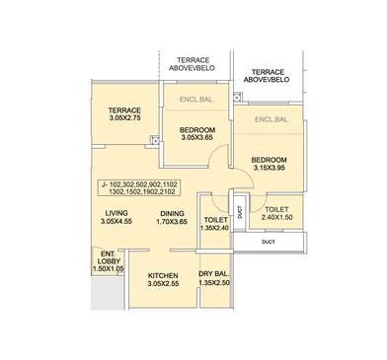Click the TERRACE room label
pyautogui.click(x=125, y=109)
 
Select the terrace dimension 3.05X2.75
pyautogui.click(x=125, y=119)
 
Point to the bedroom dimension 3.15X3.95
pyautogui.click(x=268, y=167)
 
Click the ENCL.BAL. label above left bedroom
pyautogui.click(x=197, y=100)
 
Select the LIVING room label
pyautogui.click(x=117, y=212)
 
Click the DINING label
pyautogui.click(x=173, y=212)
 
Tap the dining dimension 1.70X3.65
pyautogui.click(x=173, y=222)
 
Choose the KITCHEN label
pyautogui.click(x=162, y=275)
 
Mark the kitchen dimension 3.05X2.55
pyautogui.click(x=162, y=285)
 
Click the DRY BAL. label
pyautogui.click(x=214, y=275)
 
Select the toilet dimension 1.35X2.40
pyautogui.click(x=214, y=228)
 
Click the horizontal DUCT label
pyautogui.click(x=269, y=242)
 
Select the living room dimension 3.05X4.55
pyautogui.click(x=117, y=222)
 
